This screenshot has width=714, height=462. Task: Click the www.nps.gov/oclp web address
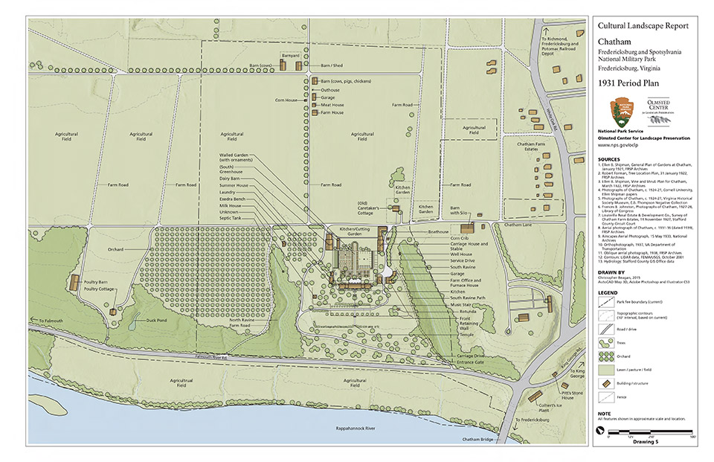tap(621, 147)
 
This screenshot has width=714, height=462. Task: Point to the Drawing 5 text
tap(646, 441)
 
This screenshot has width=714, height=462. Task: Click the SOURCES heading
tap(609, 158)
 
